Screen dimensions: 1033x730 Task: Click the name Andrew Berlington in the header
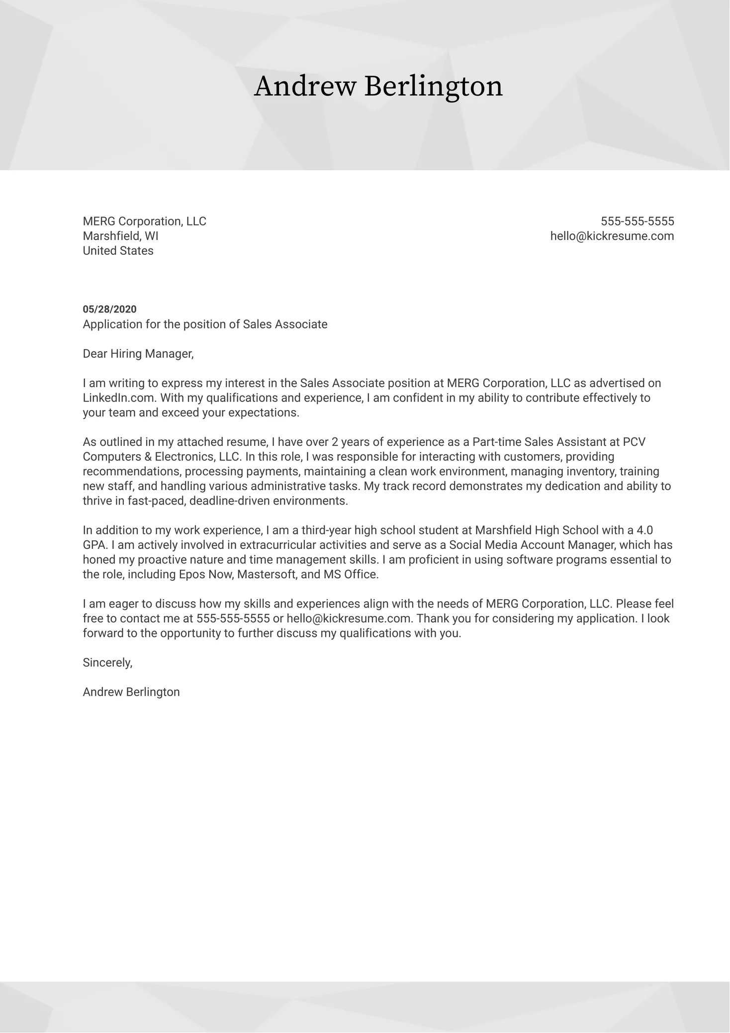click(x=378, y=87)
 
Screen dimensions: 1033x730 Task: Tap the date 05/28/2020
click(x=109, y=310)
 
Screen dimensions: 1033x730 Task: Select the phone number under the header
click(x=637, y=221)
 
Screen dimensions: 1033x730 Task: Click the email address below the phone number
click(x=612, y=236)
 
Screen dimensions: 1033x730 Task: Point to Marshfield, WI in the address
click(x=120, y=236)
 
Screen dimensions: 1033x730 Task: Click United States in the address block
click(x=118, y=251)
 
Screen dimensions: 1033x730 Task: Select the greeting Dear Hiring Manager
click(x=138, y=354)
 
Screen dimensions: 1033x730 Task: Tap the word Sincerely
click(x=107, y=663)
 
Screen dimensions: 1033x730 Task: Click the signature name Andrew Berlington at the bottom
click(x=131, y=692)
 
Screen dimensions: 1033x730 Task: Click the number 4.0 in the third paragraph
click(x=644, y=530)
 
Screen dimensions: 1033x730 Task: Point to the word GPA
click(x=93, y=545)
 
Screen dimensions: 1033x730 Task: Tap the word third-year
click(x=326, y=530)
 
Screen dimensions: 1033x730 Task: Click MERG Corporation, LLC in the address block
click(x=144, y=221)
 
